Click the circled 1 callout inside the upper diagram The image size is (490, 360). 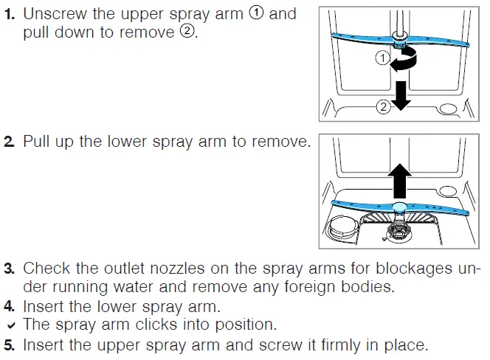tap(382, 58)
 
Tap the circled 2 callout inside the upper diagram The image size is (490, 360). tap(383, 107)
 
